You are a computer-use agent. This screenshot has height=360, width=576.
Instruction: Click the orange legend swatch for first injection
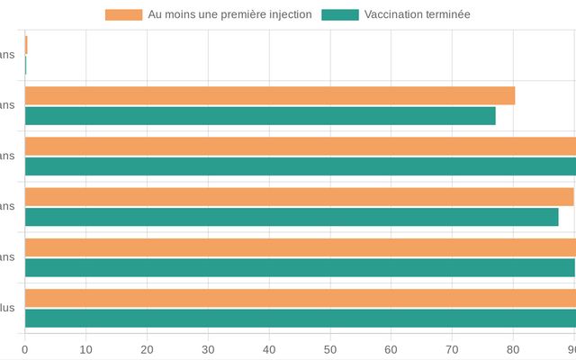pyautogui.click(x=123, y=14)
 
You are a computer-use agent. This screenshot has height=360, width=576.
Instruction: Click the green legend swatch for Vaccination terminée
pyautogui.click(x=340, y=14)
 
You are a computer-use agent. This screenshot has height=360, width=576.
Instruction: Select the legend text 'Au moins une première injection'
pyautogui.click(x=229, y=14)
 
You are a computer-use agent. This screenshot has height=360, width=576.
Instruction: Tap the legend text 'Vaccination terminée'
pyautogui.click(x=417, y=14)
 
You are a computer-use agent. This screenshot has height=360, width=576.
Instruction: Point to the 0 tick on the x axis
pyautogui.click(x=25, y=349)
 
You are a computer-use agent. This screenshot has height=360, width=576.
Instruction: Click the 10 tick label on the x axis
pyautogui.click(x=86, y=349)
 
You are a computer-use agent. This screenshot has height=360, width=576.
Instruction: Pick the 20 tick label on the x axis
pyautogui.click(x=148, y=349)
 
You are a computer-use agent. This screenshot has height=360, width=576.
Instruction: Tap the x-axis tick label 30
pyautogui.click(x=208, y=349)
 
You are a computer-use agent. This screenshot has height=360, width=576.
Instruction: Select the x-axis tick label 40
pyautogui.click(x=269, y=349)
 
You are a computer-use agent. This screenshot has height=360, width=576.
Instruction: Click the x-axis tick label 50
pyautogui.click(x=330, y=349)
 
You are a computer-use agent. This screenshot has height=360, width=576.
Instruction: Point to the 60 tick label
pyautogui.click(x=391, y=349)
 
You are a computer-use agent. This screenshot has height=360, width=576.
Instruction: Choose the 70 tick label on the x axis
pyautogui.click(x=453, y=349)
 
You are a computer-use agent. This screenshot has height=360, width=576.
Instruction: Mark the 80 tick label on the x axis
pyautogui.click(x=513, y=349)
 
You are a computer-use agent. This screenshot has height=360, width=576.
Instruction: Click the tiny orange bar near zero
pyautogui.click(x=26, y=45)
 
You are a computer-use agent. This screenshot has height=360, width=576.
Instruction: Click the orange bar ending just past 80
pyautogui.click(x=270, y=95)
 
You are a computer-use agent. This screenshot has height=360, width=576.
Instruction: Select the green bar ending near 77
pyautogui.click(x=260, y=116)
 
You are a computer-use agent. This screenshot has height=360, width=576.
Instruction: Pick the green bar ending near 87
pyautogui.click(x=292, y=217)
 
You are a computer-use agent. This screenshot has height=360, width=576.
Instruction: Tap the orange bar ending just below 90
pyautogui.click(x=299, y=196)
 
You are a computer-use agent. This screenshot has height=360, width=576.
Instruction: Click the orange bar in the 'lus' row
pyautogui.click(x=300, y=298)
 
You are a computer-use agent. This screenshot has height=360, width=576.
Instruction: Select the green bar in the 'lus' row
pyautogui.click(x=300, y=318)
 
